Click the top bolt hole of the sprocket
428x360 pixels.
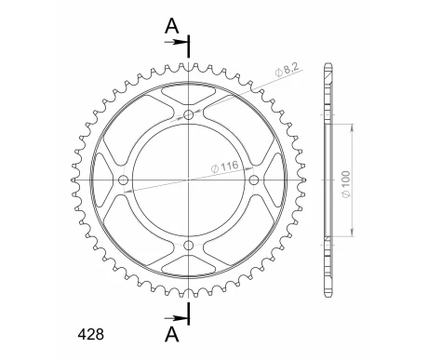(x=189, y=115)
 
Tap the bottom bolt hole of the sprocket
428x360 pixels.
(x=189, y=245)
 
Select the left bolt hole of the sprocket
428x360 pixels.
(x=124, y=180)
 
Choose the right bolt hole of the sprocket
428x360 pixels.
(x=254, y=180)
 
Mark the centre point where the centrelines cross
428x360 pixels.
(x=189, y=180)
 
